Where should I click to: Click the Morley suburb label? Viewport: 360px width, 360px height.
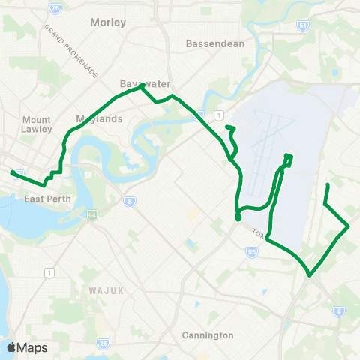click(x=107, y=22)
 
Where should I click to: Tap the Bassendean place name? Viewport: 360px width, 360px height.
click(x=215, y=43)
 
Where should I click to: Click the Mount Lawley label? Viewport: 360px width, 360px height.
click(x=37, y=124)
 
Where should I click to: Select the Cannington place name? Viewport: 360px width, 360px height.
click(x=208, y=335)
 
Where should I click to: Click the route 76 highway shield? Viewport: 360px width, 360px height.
click(x=55, y=6)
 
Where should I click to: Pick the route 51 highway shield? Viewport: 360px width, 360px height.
click(x=302, y=25)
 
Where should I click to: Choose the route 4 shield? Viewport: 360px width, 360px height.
click(x=340, y=310)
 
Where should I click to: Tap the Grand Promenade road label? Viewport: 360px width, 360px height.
click(x=71, y=50)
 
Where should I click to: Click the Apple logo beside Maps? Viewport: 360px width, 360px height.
click(x=11, y=347)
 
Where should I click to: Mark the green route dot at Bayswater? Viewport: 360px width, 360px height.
click(x=141, y=87)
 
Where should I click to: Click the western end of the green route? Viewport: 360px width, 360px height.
click(x=13, y=172)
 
